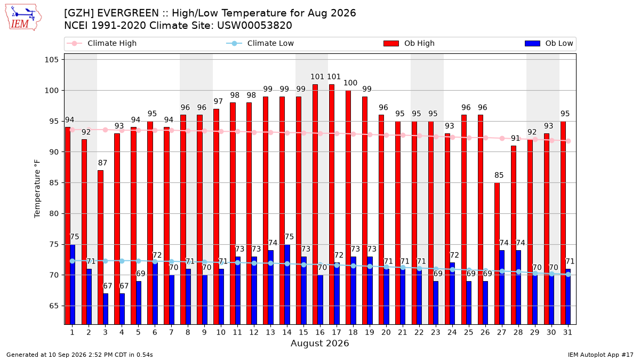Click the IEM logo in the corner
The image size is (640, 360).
23,18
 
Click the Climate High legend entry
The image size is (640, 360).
102,43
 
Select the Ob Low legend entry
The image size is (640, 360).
549,43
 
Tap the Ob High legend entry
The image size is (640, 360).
409,43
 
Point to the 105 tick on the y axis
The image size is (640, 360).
51,60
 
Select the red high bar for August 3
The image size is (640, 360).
101,247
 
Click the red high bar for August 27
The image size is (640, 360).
497,254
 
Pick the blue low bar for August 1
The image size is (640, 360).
73,285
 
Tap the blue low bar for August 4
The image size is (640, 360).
122,309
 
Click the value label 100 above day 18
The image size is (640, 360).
350,83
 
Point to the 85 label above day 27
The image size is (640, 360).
499,175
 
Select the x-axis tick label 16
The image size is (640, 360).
320,333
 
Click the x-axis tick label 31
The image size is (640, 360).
567,333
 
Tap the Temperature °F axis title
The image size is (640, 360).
37,189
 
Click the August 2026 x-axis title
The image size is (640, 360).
319,343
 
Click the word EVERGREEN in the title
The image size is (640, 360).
128,13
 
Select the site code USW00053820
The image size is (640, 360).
254,26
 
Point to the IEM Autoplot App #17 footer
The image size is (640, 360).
601,355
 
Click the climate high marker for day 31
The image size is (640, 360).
569,141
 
